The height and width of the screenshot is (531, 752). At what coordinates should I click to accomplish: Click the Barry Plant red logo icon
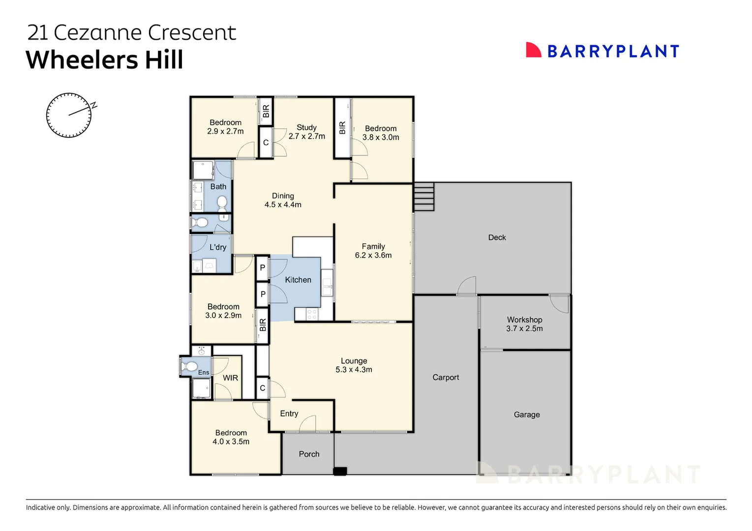[x=533, y=50]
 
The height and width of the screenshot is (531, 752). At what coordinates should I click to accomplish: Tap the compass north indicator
[x=93, y=105]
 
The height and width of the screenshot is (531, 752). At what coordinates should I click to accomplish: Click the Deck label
[x=497, y=237]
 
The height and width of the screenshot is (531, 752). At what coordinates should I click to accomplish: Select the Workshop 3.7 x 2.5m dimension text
[x=524, y=329]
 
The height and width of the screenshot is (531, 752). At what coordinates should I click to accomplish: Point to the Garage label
[x=527, y=414]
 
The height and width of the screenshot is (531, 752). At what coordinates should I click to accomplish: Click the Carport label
[x=446, y=377]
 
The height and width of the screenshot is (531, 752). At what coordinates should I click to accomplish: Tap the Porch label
[x=309, y=454]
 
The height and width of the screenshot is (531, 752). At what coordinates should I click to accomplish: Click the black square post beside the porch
[x=340, y=471]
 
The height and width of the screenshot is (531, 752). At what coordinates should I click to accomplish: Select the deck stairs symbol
[x=424, y=196]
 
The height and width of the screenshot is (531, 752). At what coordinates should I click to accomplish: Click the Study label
[x=306, y=127]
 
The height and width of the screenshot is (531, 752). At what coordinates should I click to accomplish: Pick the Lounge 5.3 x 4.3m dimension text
[x=354, y=370]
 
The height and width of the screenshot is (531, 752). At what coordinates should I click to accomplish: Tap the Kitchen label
[x=298, y=280]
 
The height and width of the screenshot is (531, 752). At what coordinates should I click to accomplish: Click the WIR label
[x=230, y=378]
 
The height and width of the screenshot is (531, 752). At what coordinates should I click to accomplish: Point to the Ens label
[x=204, y=372]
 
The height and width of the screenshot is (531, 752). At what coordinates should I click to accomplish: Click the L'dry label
[x=218, y=247]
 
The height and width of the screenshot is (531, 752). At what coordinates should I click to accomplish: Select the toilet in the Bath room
[x=222, y=203]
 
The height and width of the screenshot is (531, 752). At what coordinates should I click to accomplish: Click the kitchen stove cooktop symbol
[x=312, y=314]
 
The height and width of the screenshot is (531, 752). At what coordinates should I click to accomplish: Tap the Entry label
[x=289, y=413]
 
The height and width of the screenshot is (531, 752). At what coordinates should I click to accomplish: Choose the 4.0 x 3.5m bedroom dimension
[x=231, y=442]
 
